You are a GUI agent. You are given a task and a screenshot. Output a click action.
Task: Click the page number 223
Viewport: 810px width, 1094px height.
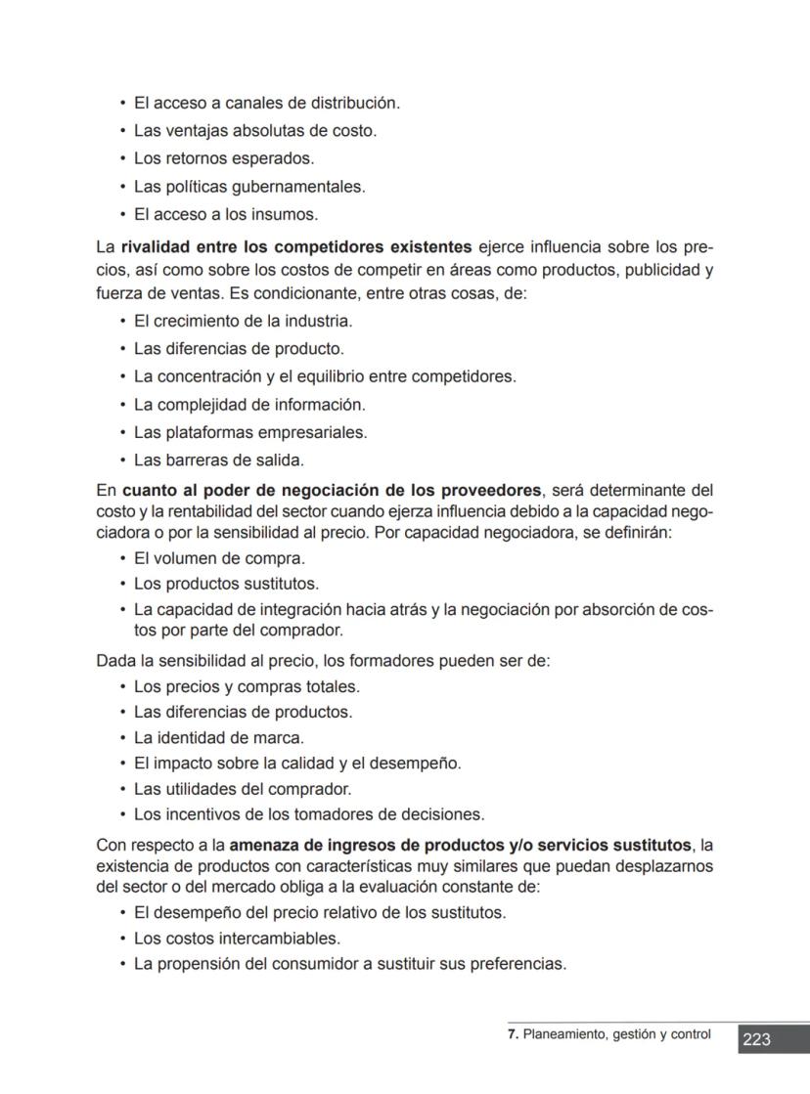[756, 1039]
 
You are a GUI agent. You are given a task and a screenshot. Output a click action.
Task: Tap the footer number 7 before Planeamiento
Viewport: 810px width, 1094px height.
[512, 1034]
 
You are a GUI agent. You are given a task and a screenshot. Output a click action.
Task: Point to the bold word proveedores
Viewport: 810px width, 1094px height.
[491, 490]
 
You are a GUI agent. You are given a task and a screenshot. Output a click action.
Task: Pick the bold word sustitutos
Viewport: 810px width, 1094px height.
[641, 845]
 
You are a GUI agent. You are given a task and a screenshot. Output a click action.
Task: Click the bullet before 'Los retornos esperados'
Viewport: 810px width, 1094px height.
[122, 158]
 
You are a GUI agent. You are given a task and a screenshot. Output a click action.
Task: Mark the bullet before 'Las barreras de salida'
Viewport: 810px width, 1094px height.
[122, 459]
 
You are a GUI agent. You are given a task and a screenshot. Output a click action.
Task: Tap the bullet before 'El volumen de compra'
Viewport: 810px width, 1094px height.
[122, 558]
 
